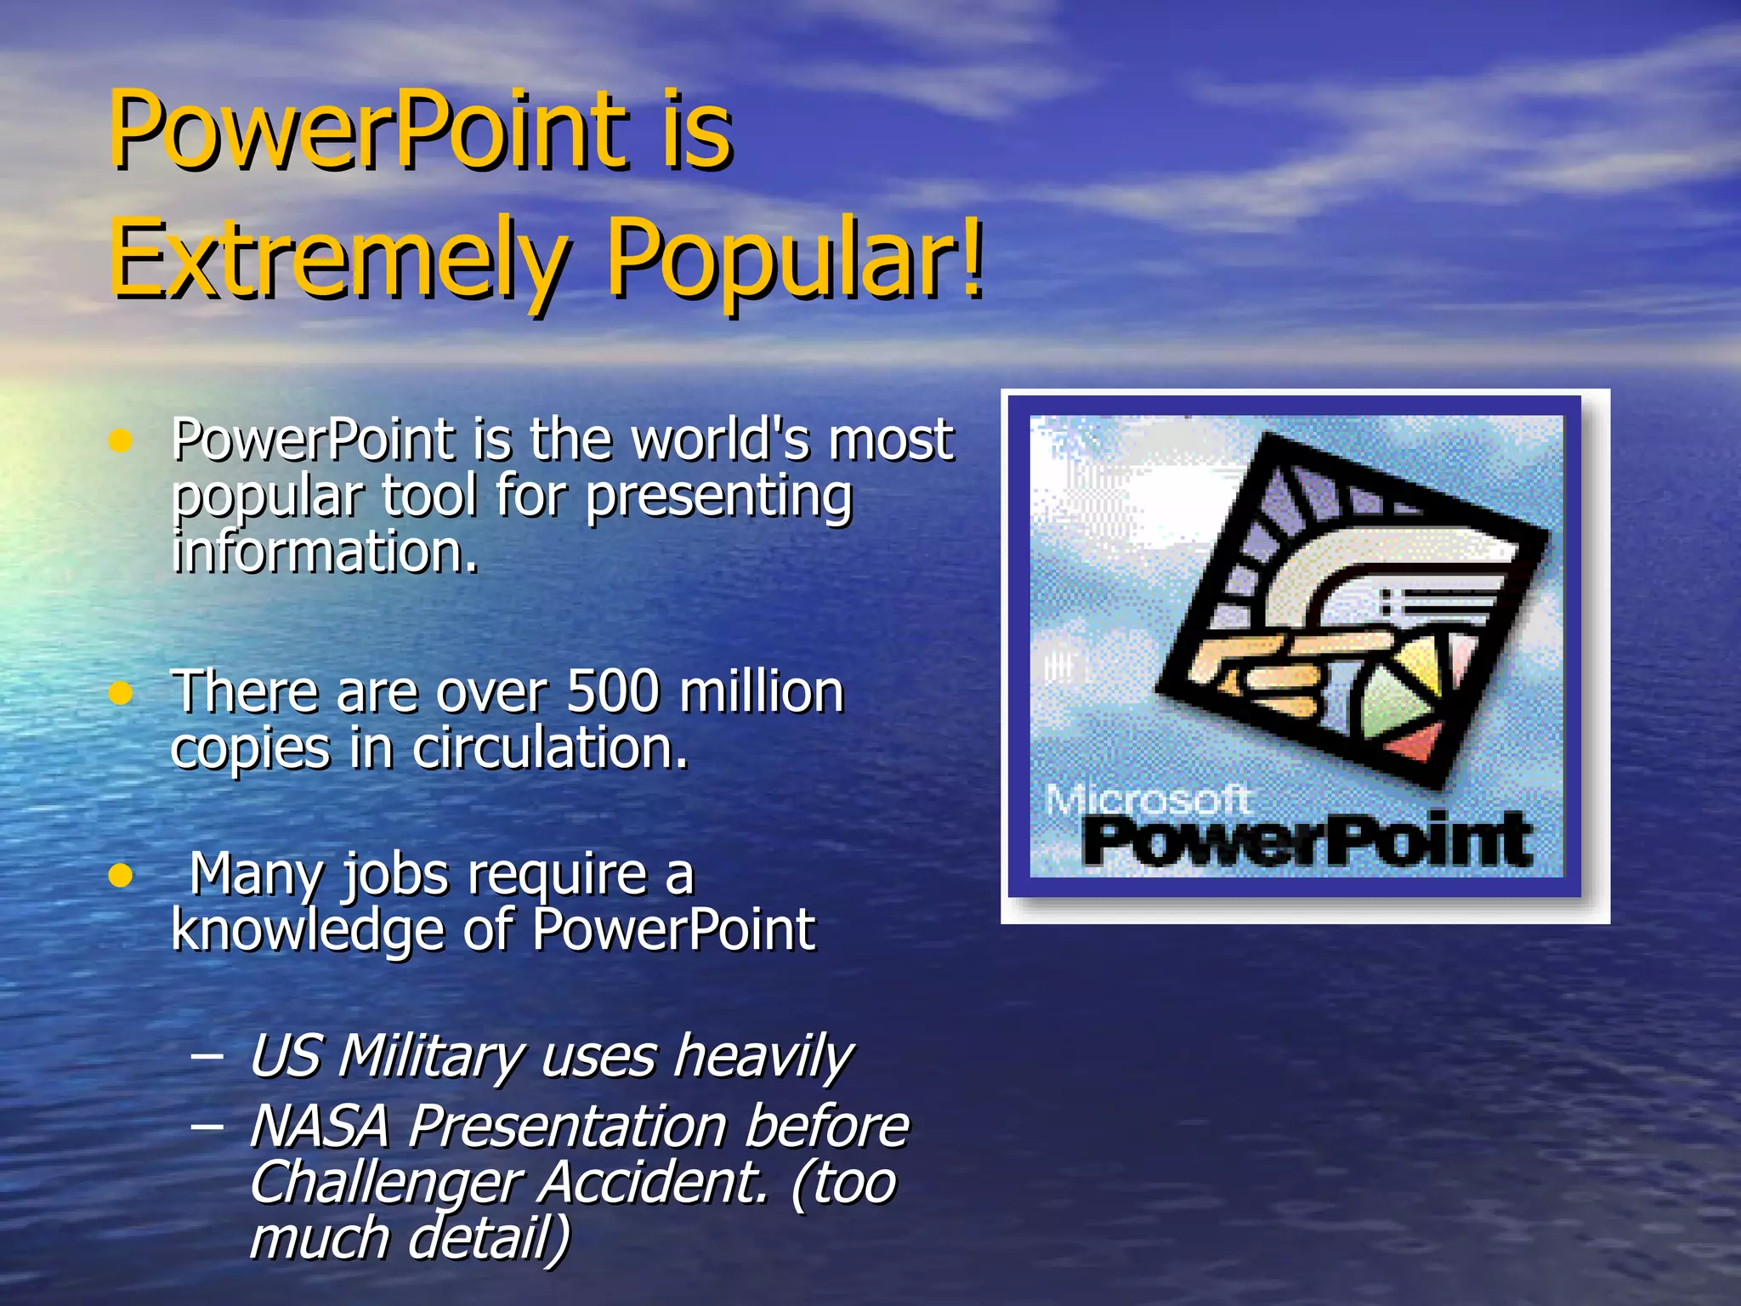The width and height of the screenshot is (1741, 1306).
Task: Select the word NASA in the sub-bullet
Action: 320,1126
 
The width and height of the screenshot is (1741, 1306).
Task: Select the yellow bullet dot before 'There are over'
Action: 122,693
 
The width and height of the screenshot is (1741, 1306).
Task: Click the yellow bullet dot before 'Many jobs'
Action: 122,875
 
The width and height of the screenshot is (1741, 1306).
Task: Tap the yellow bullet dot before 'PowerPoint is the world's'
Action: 122,440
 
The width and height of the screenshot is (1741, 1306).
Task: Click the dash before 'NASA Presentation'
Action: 207,1127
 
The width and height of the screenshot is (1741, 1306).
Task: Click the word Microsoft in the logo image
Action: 1147,799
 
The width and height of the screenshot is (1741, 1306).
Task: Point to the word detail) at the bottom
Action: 490,1238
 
